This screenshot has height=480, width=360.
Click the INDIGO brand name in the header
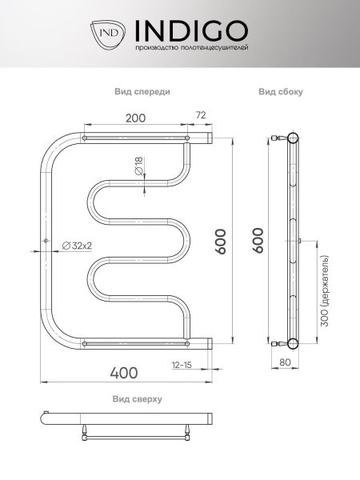click(x=192, y=30)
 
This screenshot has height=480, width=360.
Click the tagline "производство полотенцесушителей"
click(x=192, y=48)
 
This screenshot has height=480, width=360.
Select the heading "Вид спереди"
click(x=142, y=91)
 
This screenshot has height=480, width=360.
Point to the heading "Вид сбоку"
click(x=281, y=91)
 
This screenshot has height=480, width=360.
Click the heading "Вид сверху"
click(x=137, y=399)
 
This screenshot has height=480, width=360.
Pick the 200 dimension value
click(x=136, y=118)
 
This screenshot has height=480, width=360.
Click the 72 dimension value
click(x=201, y=115)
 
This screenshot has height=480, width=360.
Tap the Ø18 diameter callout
click(x=138, y=166)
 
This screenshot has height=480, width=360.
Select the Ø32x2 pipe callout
click(x=77, y=246)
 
